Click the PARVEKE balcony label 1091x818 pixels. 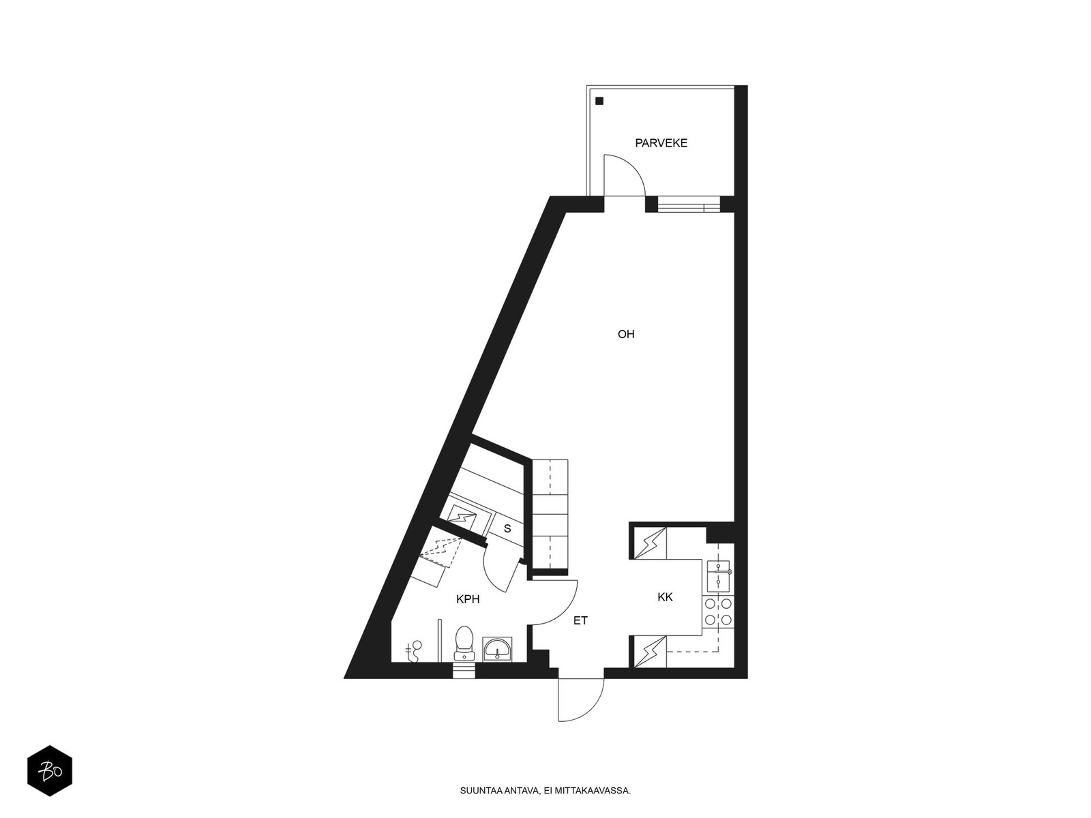pyautogui.click(x=661, y=143)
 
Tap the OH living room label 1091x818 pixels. pyautogui.click(x=626, y=334)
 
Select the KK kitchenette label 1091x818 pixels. pyautogui.click(x=665, y=597)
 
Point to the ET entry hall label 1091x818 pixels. pyautogui.click(x=580, y=620)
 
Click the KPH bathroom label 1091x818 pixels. pyautogui.click(x=468, y=599)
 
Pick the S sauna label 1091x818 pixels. pyautogui.click(x=507, y=529)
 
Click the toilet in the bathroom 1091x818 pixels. pyautogui.click(x=464, y=643)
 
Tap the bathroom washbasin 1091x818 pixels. pyautogui.click(x=496, y=649)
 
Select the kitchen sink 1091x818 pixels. pyautogui.click(x=718, y=575)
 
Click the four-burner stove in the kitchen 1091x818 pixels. pyautogui.click(x=718, y=612)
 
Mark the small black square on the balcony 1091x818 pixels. pyautogui.click(x=599, y=101)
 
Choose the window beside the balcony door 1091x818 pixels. pyautogui.click(x=689, y=204)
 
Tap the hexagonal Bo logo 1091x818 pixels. pyautogui.click(x=50, y=770)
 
